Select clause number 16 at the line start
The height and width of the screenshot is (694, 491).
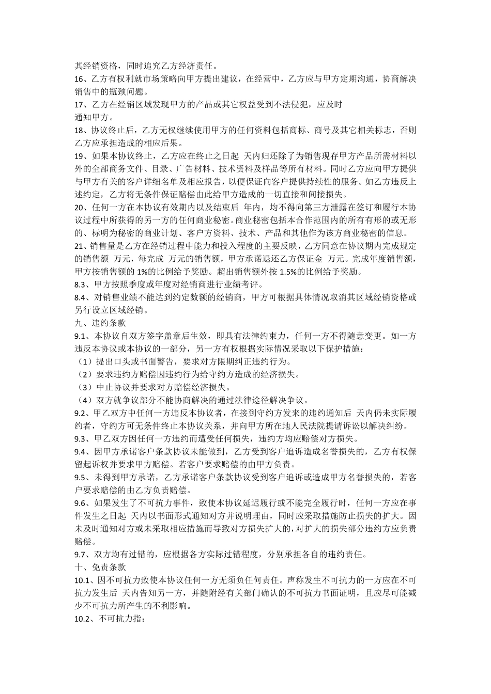point(80,79)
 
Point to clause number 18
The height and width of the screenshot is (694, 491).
point(80,131)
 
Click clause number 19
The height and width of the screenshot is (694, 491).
point(80,156)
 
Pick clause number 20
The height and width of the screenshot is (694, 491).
point(80,207)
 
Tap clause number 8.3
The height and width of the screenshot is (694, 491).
point(81,285)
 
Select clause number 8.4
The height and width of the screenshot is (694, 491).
point(81,297)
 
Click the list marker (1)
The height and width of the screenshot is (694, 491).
point(82,361)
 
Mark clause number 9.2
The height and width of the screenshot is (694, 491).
point(81,413)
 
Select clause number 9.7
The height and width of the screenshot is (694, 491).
point(81,555)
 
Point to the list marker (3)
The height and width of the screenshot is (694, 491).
point(82,387)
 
